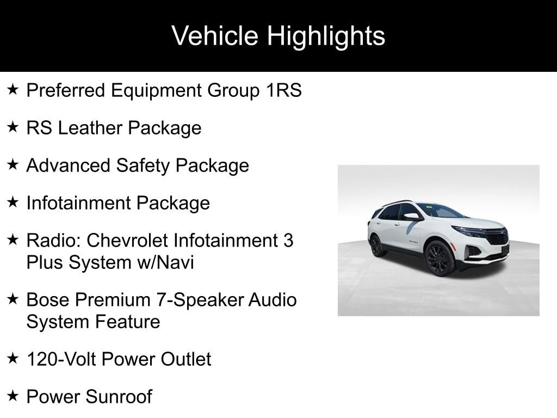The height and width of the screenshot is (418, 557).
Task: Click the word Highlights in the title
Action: [x=326, y=36]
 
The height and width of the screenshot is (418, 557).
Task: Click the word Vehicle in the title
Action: [x=214, y=35]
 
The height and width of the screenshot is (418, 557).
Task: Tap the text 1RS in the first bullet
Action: [x=284, y=90]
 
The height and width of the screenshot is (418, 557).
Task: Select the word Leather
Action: [x=90, y=127]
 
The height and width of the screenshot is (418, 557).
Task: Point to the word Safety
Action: [x=143, y=166]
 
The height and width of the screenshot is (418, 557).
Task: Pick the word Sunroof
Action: [x=119, y=397]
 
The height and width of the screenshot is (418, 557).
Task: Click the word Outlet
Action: [x=186, y=359]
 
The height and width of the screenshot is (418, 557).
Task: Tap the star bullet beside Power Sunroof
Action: [x=13, y=395]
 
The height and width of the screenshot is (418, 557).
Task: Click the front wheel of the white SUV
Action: [x=440, y=259]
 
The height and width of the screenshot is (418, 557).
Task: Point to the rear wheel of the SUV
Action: [x=377, y=246]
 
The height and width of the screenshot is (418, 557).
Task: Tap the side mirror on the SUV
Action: [x=412, y=217]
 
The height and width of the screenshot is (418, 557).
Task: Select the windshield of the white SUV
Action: [x=441, y=211]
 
